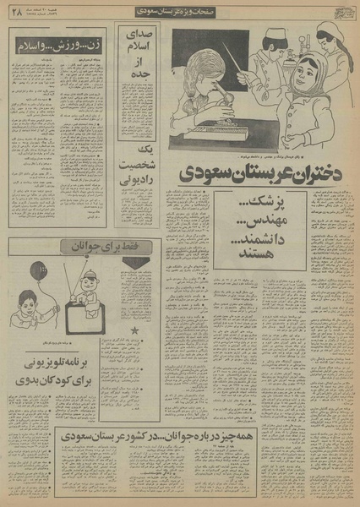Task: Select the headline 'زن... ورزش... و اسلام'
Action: click(58, 42)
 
